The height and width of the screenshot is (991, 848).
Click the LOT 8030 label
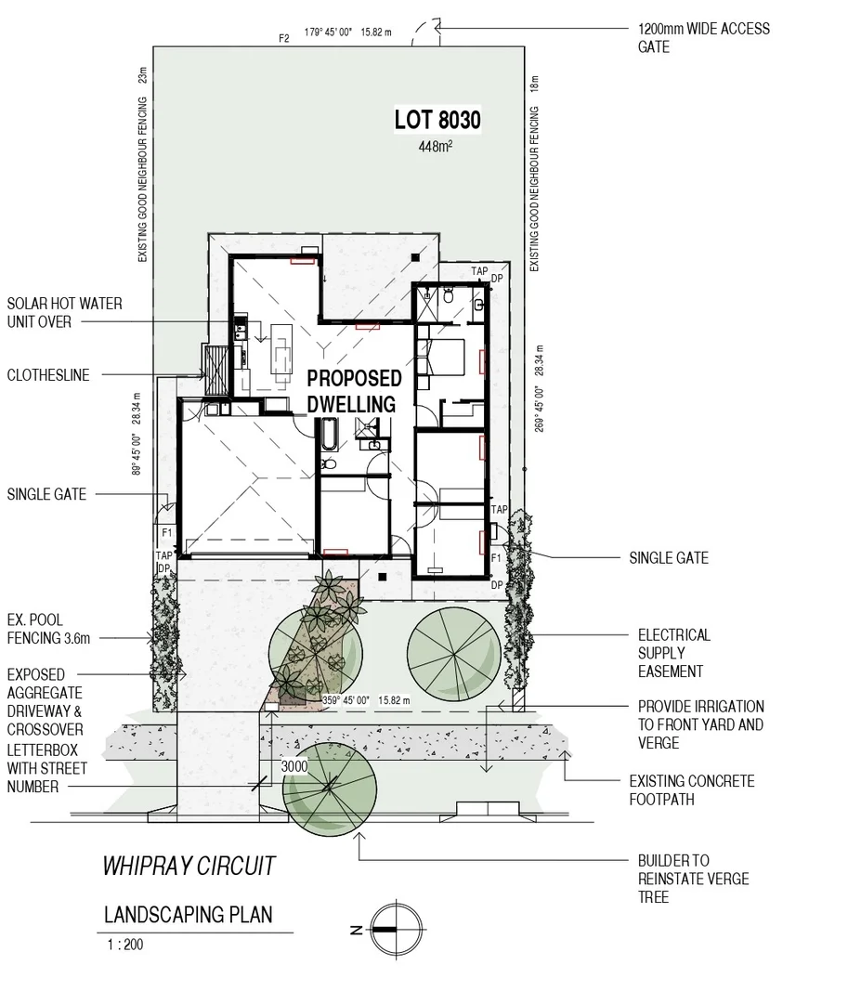click(437, 121)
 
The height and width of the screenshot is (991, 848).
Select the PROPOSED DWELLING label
click(354, 391)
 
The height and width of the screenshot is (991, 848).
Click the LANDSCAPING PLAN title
click(189, 915)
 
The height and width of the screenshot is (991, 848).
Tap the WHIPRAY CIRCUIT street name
click(189, 867)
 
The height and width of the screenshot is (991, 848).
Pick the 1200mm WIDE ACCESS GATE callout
click(703, 37)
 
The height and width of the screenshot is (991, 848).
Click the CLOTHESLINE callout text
click(48, 375)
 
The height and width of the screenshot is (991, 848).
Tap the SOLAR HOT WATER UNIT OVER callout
click(64, 313)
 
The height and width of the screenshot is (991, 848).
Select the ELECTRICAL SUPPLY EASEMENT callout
click(673, 653)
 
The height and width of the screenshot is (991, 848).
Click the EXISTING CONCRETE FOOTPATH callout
click(691, 790)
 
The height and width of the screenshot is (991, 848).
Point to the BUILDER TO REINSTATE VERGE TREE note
click(693, 879)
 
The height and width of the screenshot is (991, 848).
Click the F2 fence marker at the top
click(284, 38)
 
